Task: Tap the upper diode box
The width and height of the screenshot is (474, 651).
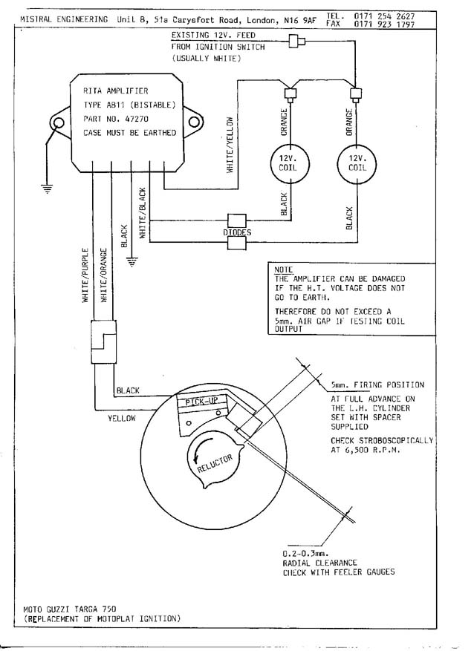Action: (236, 220)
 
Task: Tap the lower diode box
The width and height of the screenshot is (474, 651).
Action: (236, 243)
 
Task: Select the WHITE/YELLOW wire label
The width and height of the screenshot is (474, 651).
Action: (230, 145)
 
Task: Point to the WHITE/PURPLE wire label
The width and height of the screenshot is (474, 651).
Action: (85, 275)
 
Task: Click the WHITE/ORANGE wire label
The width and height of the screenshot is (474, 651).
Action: (104, 275)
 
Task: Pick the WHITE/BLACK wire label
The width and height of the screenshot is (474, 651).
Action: (143, 213)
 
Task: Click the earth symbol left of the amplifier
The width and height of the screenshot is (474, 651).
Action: (48, 189)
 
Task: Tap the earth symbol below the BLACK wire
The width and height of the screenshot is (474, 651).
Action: (132, 262)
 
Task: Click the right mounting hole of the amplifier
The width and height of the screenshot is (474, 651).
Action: (193, 122)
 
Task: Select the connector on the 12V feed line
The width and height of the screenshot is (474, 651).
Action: (297, 41)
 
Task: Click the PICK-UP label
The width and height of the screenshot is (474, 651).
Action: (201, 402)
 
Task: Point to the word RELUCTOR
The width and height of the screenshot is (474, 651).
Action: (215, 463)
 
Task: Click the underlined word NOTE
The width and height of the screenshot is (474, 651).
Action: (283, 269)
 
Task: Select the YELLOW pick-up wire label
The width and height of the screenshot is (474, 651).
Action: (122, 419)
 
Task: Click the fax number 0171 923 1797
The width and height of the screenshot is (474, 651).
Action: (384, 24)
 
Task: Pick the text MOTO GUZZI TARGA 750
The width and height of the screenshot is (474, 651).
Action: (70, 609)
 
